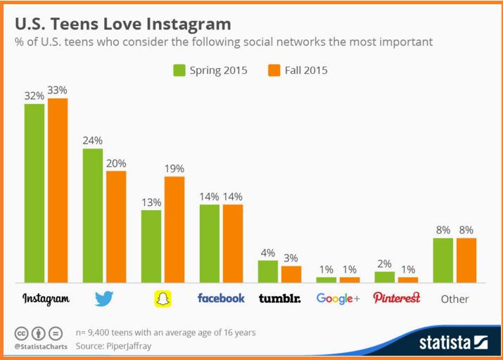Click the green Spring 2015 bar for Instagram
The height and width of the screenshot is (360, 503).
(x=34, y=193)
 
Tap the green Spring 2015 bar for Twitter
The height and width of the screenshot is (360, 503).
(x=92, y=215)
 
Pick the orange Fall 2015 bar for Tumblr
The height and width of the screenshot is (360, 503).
(x=291, y=274)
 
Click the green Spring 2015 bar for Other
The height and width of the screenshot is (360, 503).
(x=442, y=260)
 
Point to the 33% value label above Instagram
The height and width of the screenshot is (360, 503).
(x=58, y=90)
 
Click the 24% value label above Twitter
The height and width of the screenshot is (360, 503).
(x=92, y=140)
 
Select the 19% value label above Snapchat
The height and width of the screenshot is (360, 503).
(x=174, y=168)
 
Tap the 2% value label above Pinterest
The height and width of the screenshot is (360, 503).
(x=384, y=263)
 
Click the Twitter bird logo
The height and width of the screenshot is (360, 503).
(x=104, y=299)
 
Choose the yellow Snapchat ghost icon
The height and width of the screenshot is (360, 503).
(x=163, y=299)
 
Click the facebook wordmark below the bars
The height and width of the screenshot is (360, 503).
(x=221, y=298)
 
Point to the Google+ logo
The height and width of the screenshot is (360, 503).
(x=338, y=299)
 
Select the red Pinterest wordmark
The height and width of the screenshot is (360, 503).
(x=396, y=298)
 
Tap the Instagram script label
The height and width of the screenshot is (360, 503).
(x=46, y=299)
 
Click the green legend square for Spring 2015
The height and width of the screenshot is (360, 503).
(x=179, y=70)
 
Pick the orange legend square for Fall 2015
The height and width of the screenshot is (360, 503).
(x=274, y=70)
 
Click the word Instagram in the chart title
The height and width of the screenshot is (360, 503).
(x=186, y=24)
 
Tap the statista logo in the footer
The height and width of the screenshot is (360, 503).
(x=453, y=343)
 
